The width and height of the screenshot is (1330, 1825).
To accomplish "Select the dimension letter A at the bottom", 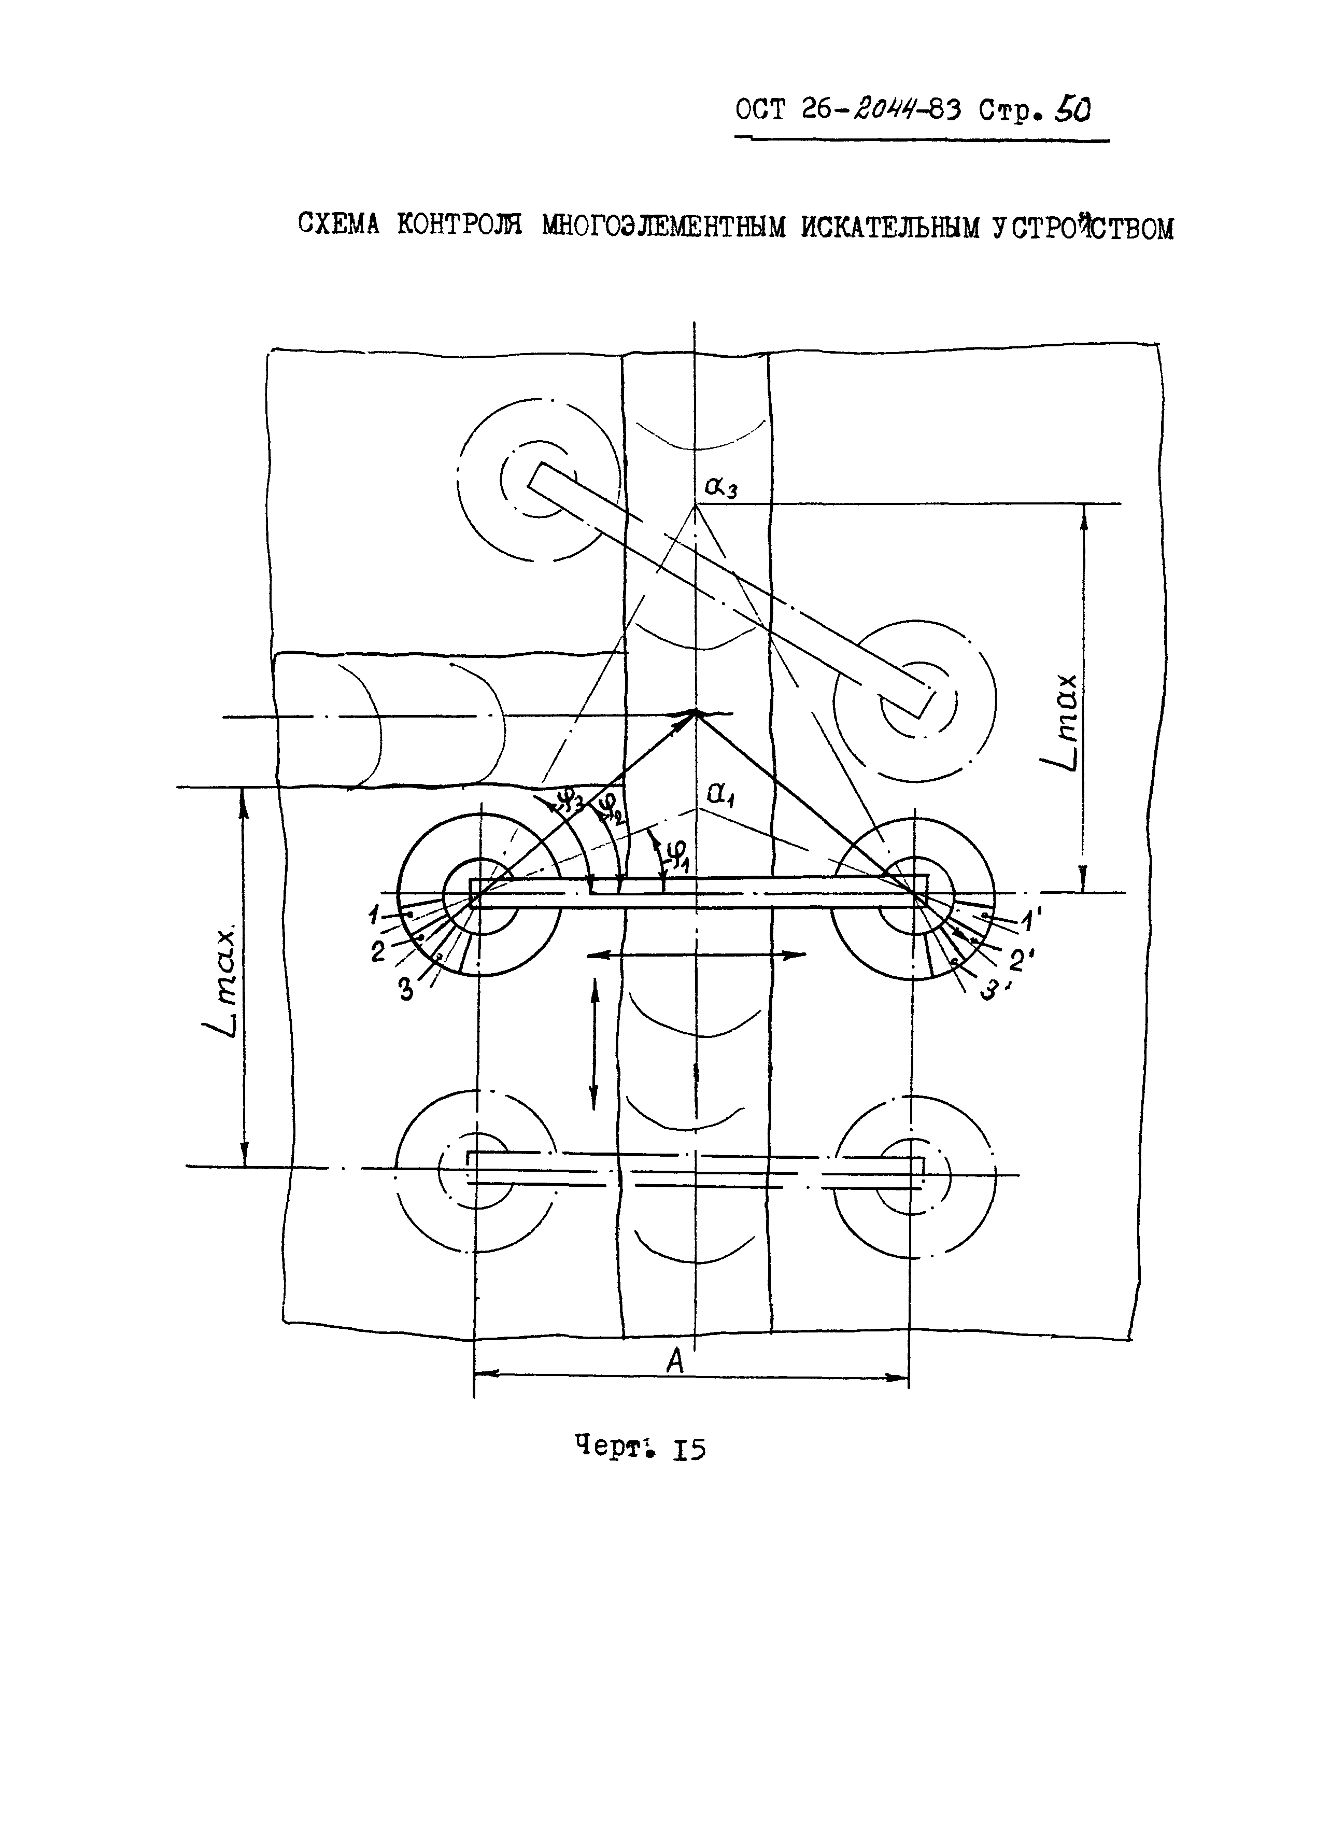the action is click(675, 1361).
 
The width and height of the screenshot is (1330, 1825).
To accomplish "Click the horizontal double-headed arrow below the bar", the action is click(697, 955).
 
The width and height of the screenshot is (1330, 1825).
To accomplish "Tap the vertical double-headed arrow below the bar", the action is click(595, 1043).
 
